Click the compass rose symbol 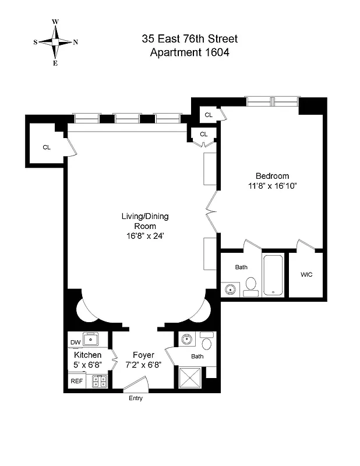tap(55, 42)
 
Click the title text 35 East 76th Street tap(190, 40)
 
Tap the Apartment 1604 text tap(190, 52)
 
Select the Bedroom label tap(272, 176)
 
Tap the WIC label tap(306, 275)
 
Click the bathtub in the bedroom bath tap(273, 275)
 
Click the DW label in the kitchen tap(75, 342)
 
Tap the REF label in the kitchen tap(76, 381)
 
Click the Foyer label tap(143, 355)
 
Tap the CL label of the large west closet tap(47, 147)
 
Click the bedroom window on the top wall tap(273, 101)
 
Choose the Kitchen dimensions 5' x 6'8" tap(88, 365)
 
